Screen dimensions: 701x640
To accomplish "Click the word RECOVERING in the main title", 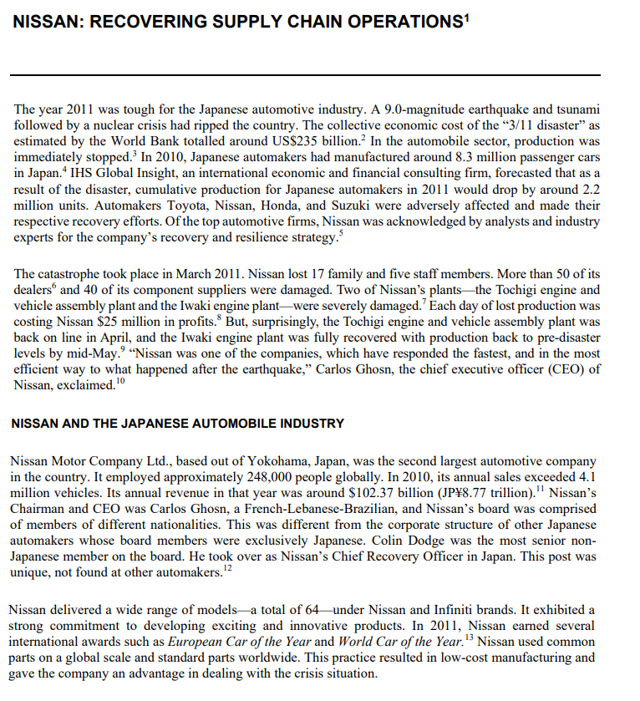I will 143,23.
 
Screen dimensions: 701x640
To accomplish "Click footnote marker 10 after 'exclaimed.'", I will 121,381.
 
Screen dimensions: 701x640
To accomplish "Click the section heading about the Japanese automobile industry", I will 177,424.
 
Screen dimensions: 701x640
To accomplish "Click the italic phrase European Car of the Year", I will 239,642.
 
